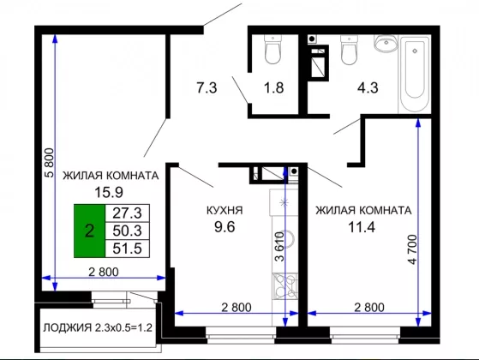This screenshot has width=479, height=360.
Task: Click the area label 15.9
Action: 109,192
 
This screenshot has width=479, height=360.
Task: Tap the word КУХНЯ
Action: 225,210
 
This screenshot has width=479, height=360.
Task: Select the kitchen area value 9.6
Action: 225,227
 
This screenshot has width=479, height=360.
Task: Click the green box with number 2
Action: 89,231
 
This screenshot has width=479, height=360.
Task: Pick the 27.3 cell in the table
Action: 127,213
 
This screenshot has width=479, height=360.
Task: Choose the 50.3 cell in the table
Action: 127,231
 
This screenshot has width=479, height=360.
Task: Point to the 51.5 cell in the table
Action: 127,249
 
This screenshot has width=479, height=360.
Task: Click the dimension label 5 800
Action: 49,163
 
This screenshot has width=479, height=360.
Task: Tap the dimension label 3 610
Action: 279,247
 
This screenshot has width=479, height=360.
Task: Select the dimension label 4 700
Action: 412,249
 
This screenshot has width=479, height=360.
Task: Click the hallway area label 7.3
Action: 207,87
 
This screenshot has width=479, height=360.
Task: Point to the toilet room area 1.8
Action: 273,87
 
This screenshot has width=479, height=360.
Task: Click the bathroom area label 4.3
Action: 368,87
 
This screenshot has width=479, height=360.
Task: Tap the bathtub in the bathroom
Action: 415,75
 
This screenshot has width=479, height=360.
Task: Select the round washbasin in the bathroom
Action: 386,44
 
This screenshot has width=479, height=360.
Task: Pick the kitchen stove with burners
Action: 285,285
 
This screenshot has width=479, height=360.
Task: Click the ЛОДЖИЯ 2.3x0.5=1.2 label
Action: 98,327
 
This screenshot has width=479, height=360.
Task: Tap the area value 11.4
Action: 362,227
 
